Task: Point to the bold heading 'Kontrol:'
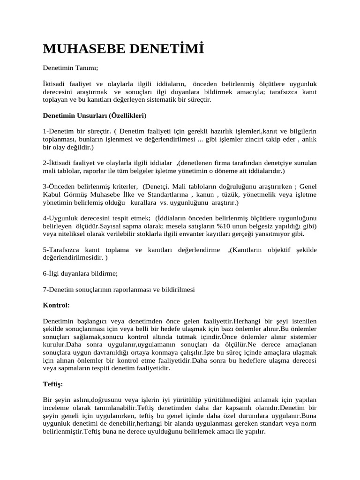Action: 56,305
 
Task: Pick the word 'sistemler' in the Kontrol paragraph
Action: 302,337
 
